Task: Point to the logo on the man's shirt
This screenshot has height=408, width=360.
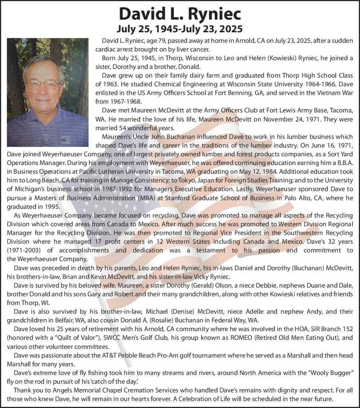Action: click(66, 139)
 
